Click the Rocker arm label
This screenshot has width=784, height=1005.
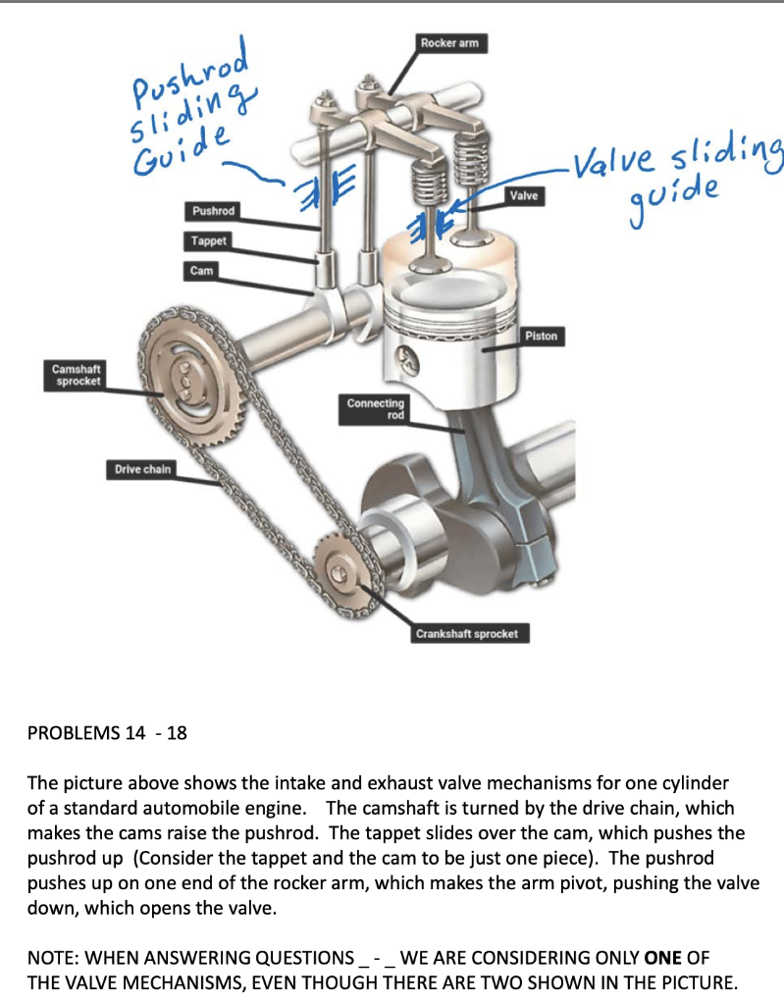pyautogui.click(x=449, y=42)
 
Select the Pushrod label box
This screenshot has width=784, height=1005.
pyautogui.click(x=213, y=211)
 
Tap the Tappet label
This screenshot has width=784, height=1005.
pyautogui.click(x=208, y=240)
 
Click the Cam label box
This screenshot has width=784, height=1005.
pyautogui.click(x=201, y=270)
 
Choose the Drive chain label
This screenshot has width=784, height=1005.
pyautogui.click(x=142, y=469)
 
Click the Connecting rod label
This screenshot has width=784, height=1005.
pyautogui.click(x=375, y=408)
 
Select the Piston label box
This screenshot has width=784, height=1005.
pyautogui.click(x=541, y=336)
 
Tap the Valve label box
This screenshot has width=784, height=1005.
pyautogui.click(x=524, y=196)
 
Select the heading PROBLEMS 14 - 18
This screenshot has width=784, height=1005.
pyautogui.click(x=107, y=733)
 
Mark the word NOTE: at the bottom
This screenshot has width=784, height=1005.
pyautogui.click(x=54, y=958)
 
